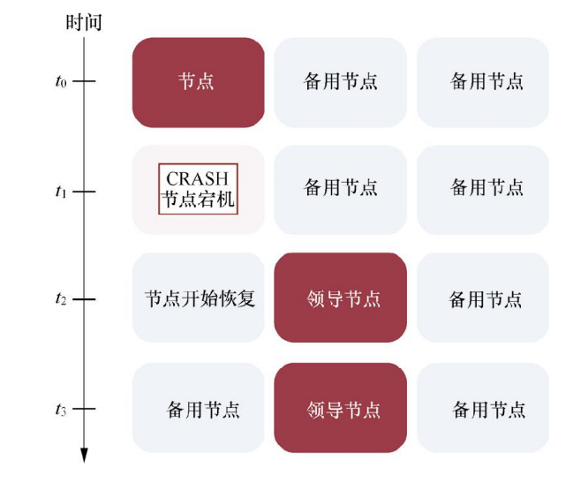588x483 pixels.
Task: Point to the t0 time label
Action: click(60, 82)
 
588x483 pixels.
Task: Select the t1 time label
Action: click(60, 190)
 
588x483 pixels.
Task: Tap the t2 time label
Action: click(60, 299)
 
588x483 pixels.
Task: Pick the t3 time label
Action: click(60, 409)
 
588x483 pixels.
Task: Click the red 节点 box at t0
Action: click(198, 82)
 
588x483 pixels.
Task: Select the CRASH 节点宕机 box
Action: click(198, 190)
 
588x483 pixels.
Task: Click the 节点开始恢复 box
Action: click(199, 298)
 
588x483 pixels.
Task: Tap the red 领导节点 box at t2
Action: click(341, 298)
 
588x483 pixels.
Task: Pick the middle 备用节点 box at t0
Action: click(341, 82)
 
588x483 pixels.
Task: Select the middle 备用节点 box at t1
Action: click(341, 189)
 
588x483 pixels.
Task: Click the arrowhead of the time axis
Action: click(85, 456)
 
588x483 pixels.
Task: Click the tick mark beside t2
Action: click(84, 299)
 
